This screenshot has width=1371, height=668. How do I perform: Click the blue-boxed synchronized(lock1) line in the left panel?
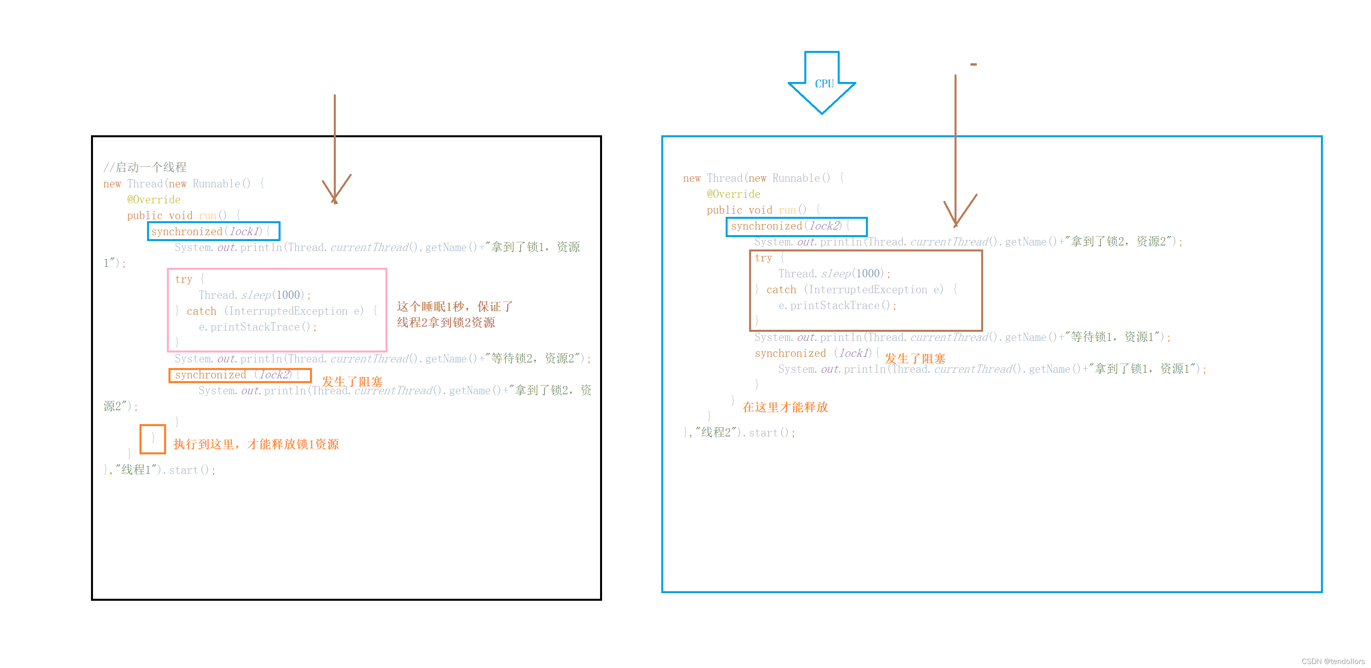tap(213, 232)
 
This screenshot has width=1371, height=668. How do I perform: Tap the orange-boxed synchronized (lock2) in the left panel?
tap(240, 375)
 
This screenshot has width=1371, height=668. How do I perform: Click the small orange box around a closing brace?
tap(153, 439)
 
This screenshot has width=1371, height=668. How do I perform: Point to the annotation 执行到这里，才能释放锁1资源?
tap(256, 444)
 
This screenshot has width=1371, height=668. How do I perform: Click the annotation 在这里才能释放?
tap(785, 407)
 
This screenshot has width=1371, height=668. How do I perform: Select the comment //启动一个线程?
tap(145, 167)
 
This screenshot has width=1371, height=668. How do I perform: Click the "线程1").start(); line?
tap(160, 470)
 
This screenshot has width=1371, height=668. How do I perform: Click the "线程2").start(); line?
tap(740, 432)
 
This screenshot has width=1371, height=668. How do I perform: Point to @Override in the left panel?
tap(154, 200)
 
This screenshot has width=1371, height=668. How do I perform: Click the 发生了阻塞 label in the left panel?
tap(352, 382)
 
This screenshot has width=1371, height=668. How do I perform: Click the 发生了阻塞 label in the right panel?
tap(915, 359)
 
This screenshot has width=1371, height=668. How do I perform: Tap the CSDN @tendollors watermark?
tap(1333, 661)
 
